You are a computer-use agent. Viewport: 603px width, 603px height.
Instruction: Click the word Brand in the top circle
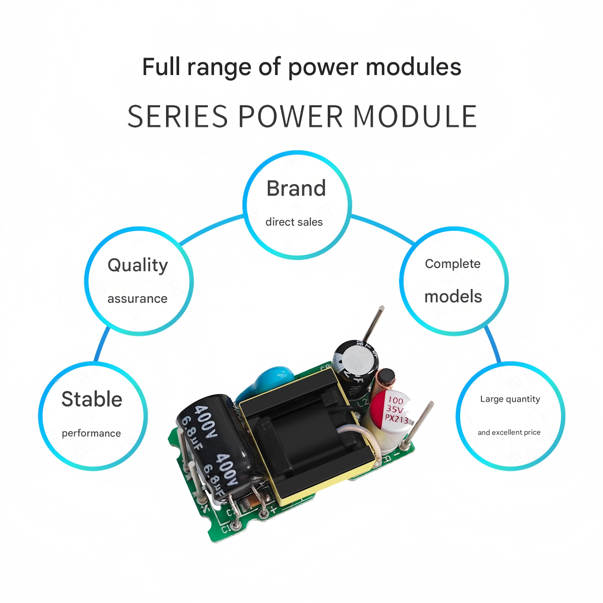coord(296,188)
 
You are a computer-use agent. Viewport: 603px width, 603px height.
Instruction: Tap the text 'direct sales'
coord(294,222)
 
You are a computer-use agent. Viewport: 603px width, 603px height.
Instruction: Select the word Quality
coord(138,265)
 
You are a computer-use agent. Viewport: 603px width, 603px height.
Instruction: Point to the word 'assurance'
coord(137,299)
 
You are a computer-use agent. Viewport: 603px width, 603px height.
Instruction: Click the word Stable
coord(92,400)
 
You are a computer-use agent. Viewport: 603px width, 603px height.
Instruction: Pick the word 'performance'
coord(91,433)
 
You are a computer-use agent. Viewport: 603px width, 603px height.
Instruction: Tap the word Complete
coord(452,264)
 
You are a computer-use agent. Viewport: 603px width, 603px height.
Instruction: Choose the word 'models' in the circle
coord(453,297)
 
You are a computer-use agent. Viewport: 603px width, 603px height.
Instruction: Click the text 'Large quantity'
coord(510,399)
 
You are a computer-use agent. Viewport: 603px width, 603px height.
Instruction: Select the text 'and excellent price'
coord(509,432)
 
